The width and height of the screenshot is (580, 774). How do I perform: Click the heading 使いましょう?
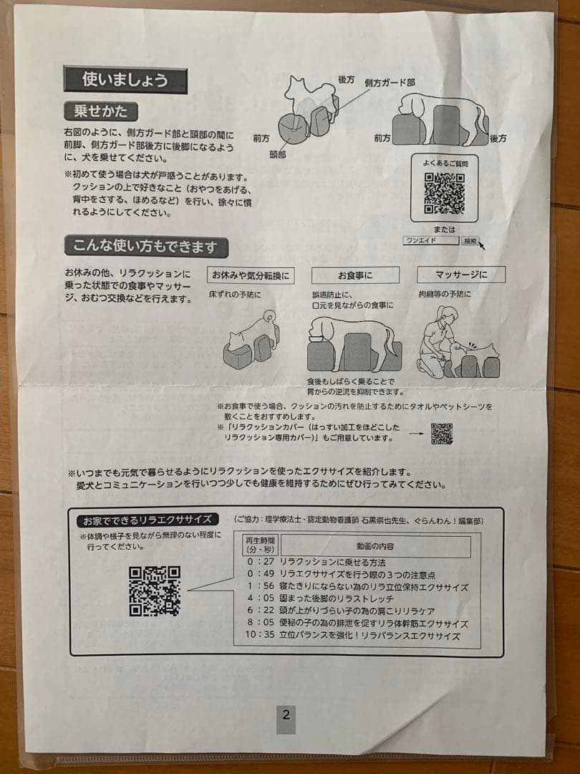coord(125,80)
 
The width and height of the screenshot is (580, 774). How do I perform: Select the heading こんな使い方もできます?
coord(146,247)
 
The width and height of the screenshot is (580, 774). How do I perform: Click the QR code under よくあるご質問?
coord(444,193)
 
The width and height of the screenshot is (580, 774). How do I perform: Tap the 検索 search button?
coord(470,242)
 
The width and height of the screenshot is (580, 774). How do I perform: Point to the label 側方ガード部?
coord(390,83)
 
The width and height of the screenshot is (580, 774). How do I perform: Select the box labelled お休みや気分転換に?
coord(251,275)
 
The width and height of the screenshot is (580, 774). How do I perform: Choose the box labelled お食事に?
coord(356,275)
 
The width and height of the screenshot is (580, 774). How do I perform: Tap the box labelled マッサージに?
coord(461,274)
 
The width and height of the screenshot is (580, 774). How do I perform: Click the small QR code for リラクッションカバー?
coord(442,434)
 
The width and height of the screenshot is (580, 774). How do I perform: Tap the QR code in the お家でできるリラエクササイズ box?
coord(155,591)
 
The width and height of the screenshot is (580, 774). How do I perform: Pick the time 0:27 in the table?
coord(260,563)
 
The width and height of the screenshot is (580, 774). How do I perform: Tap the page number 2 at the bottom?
coord(286,715)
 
